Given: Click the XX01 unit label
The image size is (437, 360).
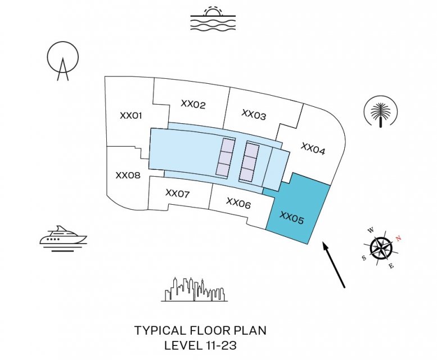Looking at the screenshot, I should point(130,115).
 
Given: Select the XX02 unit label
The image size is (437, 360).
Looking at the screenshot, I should point(193,104).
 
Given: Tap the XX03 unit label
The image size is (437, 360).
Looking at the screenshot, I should point(254,115).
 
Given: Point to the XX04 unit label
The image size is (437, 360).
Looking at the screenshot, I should point(313,148).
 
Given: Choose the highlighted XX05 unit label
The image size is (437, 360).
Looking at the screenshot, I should point(291,217).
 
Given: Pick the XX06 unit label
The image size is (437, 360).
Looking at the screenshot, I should point(238,202).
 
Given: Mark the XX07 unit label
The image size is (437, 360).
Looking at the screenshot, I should point(178,193).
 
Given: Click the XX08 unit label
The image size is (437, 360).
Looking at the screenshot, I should point(128,175).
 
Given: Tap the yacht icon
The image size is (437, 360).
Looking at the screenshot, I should point(63,238).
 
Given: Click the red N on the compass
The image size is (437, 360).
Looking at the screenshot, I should point(399,238).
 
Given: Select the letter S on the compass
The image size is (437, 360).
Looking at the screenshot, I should point(364,258).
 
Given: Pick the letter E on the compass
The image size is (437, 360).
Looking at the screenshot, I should point(392,265).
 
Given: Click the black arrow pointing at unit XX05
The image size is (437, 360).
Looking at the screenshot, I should point(334,264).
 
